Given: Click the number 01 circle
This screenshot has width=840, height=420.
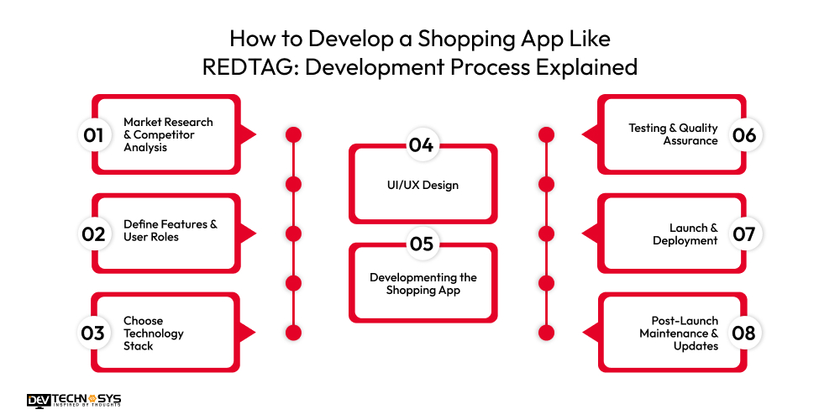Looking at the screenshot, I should coord(93,135).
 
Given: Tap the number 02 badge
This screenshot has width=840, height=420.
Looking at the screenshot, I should coord(93,234).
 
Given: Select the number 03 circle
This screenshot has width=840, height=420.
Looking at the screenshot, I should coord(93,333).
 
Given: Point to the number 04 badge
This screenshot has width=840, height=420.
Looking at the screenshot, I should coord(422,145).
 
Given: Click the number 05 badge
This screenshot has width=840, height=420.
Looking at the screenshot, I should coord(422,244).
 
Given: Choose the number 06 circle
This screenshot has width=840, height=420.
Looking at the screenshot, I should coord(744,135).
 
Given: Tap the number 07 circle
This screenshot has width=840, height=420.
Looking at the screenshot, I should coord(744,234).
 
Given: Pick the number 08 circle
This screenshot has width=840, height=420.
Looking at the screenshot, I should coord(744,333).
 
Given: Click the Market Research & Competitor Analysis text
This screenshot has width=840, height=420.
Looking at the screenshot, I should coord(168,134).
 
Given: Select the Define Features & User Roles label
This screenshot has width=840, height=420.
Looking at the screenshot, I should coord(170,230).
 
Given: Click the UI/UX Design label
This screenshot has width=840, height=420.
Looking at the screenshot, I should coord(423,185).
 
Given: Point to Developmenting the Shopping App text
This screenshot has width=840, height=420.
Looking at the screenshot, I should coord(423,284).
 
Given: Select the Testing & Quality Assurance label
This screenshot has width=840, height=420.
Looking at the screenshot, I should coord(673,134).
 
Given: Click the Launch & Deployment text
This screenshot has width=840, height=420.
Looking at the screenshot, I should coord(685,234).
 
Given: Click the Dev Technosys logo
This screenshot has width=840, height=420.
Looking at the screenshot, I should coord(73,400).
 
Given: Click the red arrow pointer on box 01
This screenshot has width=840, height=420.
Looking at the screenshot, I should coord(248,135).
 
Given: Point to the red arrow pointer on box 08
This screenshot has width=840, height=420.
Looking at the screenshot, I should coord(590,333).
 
